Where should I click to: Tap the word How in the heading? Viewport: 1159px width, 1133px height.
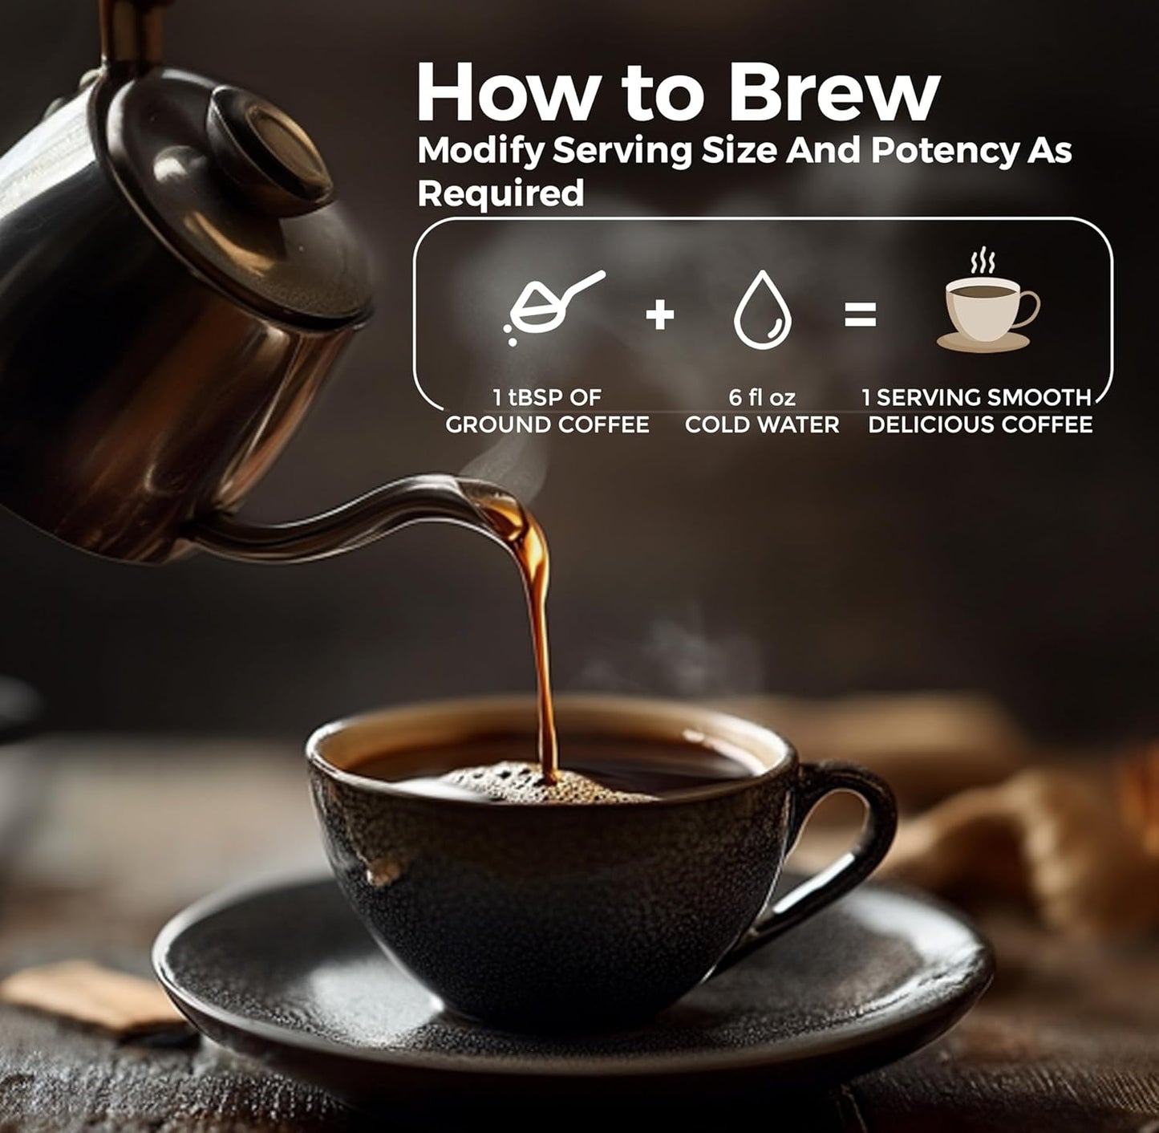point(505,91)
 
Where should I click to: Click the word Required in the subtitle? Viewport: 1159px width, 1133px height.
point(500,193)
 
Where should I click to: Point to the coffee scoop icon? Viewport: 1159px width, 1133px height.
point(554,307)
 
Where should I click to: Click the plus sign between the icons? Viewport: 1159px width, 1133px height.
point(660,314)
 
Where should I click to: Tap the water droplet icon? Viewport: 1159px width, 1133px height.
point(762,310)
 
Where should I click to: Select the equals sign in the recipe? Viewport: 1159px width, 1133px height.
point(860,314)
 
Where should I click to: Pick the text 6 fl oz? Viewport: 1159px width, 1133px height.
point(762,397)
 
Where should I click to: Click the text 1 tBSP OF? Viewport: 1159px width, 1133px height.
point(547,397)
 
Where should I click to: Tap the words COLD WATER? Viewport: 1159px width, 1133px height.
point(762,424)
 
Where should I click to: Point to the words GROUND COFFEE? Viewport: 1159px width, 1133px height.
point(547,424)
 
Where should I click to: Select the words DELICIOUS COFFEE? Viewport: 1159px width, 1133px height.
point(980,424)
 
